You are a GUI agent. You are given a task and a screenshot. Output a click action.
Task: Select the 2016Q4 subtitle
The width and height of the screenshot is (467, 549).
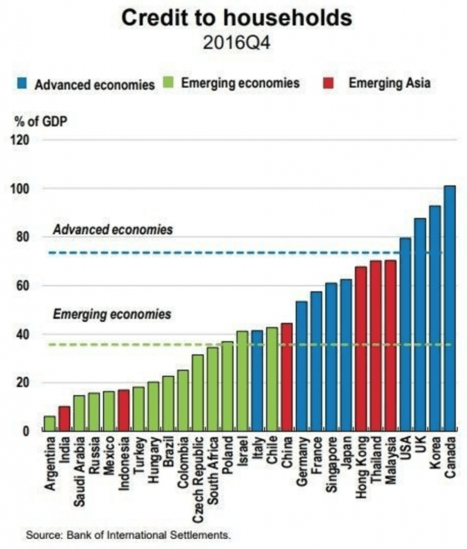[x=236, y=42]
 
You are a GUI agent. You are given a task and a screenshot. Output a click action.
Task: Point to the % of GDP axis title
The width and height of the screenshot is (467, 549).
[x=36, y=120]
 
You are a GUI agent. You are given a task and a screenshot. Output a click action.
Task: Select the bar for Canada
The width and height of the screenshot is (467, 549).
[x=449, y=308]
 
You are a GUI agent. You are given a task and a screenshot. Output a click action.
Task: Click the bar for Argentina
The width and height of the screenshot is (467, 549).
[x=49, y=424]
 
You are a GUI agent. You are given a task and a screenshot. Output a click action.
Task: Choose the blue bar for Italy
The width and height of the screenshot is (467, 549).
[x=257, y=381]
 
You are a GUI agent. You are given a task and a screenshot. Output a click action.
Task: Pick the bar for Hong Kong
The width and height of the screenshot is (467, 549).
[x=361, y=348]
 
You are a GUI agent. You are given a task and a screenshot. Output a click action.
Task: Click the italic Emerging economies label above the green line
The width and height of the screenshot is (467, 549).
[x=112, y=314]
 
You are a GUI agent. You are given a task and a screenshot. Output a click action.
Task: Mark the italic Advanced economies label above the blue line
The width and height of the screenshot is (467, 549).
[x=113, y=229]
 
